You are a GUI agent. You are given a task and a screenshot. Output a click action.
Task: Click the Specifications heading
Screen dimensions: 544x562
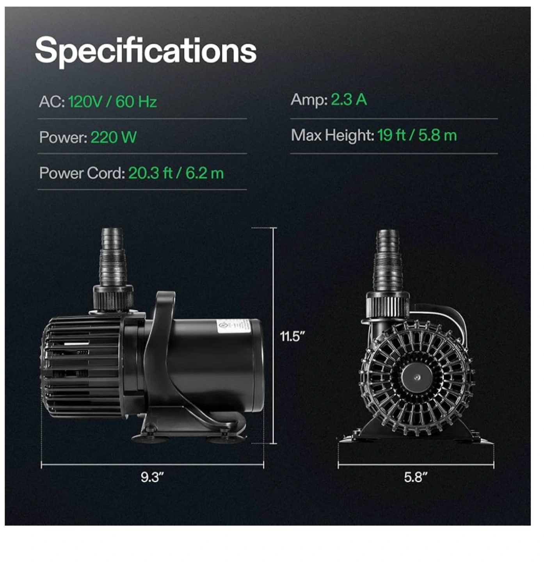pos(146,51)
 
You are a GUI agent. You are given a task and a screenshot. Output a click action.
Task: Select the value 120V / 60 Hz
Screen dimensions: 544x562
pos(112,101)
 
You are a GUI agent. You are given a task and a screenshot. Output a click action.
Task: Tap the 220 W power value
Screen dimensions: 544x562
pos(113,137)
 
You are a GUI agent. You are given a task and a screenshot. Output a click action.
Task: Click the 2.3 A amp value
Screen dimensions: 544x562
pos(348,100)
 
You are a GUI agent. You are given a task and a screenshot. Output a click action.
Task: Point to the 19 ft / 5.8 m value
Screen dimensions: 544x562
pos(417,135)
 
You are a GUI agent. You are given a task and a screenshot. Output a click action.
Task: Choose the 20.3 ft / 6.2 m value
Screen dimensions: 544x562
pos(176,173)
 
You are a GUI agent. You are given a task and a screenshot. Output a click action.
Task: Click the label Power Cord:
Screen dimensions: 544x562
pos(82,173)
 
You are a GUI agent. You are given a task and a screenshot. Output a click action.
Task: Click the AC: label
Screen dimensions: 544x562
pos(52,102)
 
